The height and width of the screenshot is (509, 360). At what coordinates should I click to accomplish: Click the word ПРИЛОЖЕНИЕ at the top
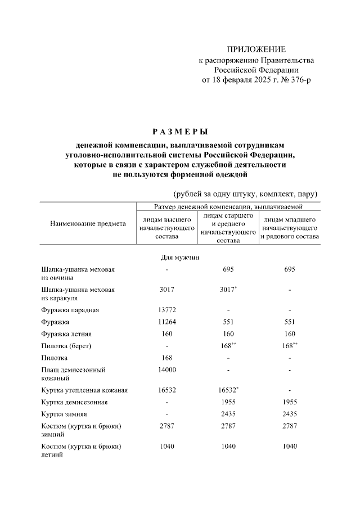click(x=256, y=49)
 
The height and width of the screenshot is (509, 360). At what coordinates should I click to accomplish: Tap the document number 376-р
click(x=298, y=80)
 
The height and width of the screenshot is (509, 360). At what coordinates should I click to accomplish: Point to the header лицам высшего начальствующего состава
click(x=166, y=228)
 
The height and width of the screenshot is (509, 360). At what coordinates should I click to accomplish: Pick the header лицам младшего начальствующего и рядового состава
click(x=290, y=228)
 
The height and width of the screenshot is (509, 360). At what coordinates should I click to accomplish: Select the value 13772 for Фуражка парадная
click(x=166, y=310)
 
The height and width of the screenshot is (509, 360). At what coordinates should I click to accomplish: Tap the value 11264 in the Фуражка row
click(x=166, y=322)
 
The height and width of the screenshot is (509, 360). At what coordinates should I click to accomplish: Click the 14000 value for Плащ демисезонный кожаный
click(x=166, y=370)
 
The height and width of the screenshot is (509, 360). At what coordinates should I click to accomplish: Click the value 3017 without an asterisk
click(x=166, y=290)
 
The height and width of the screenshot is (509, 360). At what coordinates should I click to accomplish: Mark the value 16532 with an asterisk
click(x=228, y=390)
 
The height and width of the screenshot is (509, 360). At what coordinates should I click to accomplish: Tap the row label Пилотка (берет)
click(x=66, y=345)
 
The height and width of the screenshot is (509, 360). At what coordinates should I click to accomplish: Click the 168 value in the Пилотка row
click(x=166, y=358)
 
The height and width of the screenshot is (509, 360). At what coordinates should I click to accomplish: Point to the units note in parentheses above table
click(x=246, y=194)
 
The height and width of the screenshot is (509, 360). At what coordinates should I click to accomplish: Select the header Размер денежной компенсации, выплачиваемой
click(x=228, y=208)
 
